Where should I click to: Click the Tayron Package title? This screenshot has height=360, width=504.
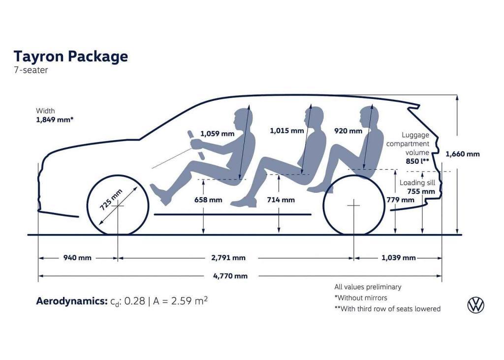pos(71,56)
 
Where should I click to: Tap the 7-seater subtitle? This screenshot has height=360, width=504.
pos(31,70)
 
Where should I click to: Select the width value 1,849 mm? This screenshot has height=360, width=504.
pos(55,120)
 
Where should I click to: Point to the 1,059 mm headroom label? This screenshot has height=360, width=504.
pos(217,133)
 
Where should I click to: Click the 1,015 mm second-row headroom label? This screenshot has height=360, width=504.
pos(287,131)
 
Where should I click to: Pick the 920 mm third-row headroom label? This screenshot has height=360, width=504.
pos(348,131)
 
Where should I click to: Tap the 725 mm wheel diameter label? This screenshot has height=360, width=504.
pos(111,199)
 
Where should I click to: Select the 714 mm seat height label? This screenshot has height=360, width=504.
pos(281,200)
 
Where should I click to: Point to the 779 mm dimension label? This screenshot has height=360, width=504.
pos(400,200)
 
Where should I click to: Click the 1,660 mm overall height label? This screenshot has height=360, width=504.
pos(462,154)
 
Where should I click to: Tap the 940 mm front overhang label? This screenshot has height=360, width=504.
pos(77,258)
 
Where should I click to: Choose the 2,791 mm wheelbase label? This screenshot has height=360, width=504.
pos(228,258)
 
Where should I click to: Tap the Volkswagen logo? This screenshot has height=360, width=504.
pos(475,305)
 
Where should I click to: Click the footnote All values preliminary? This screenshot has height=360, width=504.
pos(368,287)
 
